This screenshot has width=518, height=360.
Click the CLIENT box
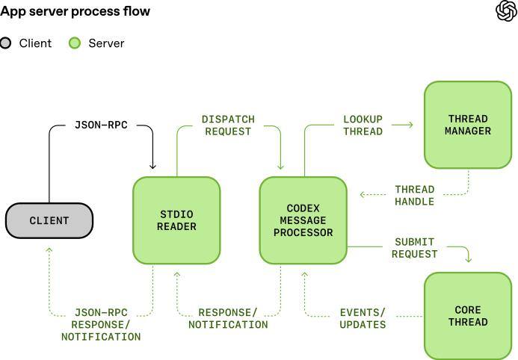coord(49,220)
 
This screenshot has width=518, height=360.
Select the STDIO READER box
coord(176,220)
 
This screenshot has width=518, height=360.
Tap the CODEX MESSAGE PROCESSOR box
coord(303,220)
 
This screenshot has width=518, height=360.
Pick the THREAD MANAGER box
coord(467,125)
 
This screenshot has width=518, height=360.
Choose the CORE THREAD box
coord(467,316)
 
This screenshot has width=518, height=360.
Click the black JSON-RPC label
coord(101,125)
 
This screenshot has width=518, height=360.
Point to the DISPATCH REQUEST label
coord(228,125)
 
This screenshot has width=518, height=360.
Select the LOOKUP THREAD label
coord(363,125)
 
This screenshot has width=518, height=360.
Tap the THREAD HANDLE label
coord(415,195)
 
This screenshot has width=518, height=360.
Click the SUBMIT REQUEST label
coord(414,248)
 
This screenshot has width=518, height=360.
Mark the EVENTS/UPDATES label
coord(363,318)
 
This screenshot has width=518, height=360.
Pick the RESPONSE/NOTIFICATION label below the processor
coord(228,318)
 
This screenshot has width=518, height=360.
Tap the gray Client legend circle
coord(6,43)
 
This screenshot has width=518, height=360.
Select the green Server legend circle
coord(75,43)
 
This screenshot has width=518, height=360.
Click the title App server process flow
coord(75,11)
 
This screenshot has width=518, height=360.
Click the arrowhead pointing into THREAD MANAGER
coord(410,125)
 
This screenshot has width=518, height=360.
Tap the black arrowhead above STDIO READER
coord(153,166)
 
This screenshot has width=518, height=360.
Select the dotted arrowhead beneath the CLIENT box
coord(49,250)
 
